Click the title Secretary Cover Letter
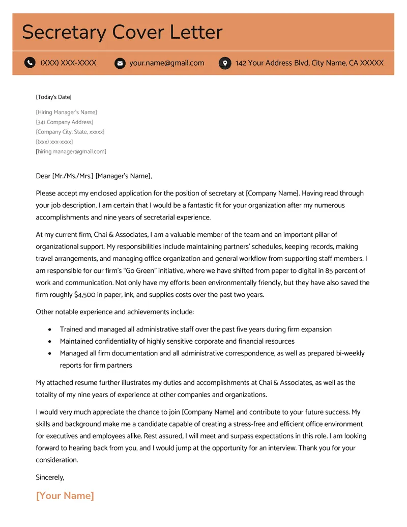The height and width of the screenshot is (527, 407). coord(122,32)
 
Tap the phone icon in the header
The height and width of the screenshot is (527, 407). coord(30,63)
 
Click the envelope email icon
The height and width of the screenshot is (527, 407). coord(120,63)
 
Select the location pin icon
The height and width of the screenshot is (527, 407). coord(224,63)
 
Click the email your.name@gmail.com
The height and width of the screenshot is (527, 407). coord(166,63)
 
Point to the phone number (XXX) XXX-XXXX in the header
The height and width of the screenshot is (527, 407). coord(68,63)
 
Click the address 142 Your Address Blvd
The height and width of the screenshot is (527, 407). coord(309,63)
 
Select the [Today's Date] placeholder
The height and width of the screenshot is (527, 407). coord(53,97)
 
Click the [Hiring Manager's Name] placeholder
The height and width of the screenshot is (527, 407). coord(66,112)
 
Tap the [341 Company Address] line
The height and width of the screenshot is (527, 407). coord(65,122)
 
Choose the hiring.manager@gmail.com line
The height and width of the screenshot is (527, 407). coord(71,152)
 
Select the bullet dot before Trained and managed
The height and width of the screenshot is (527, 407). coord(49,330)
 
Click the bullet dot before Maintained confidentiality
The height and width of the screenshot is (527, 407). coord(49,342)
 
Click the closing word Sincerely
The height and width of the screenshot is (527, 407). coord(50,477)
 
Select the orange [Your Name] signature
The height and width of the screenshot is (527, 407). coord(65,495)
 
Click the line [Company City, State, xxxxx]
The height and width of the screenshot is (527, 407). coord(70,132)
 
